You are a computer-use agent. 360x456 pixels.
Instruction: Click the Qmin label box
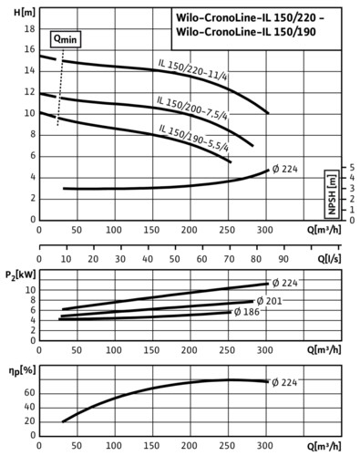pyautogui.click(x=66, y=39)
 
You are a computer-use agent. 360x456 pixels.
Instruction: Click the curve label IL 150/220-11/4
pyautogui.click(x=192, y=69)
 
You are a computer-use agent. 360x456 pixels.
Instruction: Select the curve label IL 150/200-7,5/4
pyautogui.click(x=192, y=109)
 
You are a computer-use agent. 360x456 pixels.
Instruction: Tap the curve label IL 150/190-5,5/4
pyautogui.click(x=194, y=138)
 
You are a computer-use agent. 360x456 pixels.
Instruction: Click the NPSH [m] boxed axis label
pyautogui.click(x=332, y=194)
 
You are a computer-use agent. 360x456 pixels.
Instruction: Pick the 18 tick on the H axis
pyautogui.click(x=29, y=29)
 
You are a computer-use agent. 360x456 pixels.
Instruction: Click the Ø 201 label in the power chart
pyautogui.click(x=269, y=301)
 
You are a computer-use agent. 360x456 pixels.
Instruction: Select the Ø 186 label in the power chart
pyautogui.click(x=247, y=312)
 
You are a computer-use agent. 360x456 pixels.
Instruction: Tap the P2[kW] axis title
pyautogui.click(x=21, y=275)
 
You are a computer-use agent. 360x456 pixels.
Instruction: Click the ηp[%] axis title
pyautogui.click(x=22, y=370)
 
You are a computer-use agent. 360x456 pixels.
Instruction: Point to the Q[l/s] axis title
pyautogui.click(x=329, y=259)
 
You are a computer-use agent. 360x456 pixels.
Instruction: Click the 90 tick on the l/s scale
pyautogui.click(x=283, y=259)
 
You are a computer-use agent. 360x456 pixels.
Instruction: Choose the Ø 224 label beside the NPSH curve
pyautogui.click(x=284, y=169)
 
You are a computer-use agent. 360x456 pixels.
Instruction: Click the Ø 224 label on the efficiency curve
pyautogui.click(x=284, y=382)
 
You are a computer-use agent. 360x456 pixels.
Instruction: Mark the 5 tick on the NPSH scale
pyautogui.click(x=352, y=168)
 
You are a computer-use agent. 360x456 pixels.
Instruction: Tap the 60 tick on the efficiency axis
pyautogui.click(x=29, y=393)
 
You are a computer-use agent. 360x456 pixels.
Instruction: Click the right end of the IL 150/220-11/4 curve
pyautogui.click(x=268, y=113)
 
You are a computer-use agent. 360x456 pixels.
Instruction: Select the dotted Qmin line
pyautogui.click(x=60, y=87)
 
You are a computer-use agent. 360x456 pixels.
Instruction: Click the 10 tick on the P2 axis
pyautogui.click(x=30, y=290)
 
